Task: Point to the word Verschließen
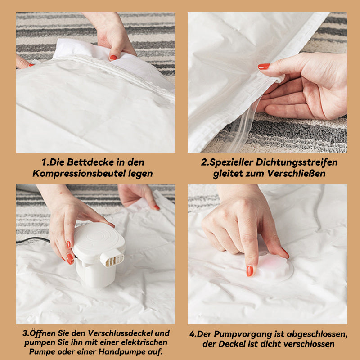[x=297, y=174]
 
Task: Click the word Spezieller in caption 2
[x=229, y=162]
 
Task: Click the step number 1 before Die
[x=44, y=162]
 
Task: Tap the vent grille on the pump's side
[x=112, y=259]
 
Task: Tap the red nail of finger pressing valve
[x=250, y=271]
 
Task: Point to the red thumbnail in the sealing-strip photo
[x=264, y=67]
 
